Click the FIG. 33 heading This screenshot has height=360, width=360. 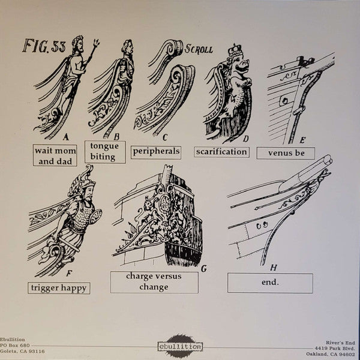pyautogui.click(x=44, y=46)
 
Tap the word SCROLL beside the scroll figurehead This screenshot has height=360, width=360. pyautogui.click(x=199, y=49)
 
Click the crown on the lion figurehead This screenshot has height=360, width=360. pyautogui.click(x=235, y=50)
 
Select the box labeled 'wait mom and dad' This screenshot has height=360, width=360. pyautogui.click(x=55, y=155)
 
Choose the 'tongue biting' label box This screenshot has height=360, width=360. pyautogui.click(x=105, y=152)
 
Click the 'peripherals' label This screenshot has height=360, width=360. pyautogui.click(x=156, y=152)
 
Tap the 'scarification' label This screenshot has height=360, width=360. pyautogui.click(x=221, y=152)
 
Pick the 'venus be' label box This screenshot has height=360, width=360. pyautogui.click(x=286, y=153)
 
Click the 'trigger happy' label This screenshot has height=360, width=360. pyautogui.click(x=59, y=288)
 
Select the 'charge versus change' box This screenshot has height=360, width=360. pyautogui.click(x=154, y=282)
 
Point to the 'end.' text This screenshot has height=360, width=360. pyautogui.click(x=270, y=282)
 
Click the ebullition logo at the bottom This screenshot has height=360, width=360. pyautogui.click(x=180, y=346)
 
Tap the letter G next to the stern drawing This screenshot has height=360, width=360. pyautogui.click(x=203, y=269)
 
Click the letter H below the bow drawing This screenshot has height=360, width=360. pyautogui.click(x=273, y=268)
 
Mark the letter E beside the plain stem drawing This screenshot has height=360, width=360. pyautogui.click(x=302, y=140)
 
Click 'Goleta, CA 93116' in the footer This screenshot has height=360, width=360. pyautogui.click(x=23, y=351)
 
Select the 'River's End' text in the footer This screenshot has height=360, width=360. pyautogui.click(x=340, y=343)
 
